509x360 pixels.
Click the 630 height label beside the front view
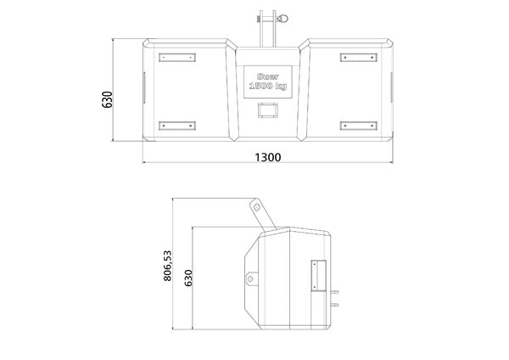[x=108, y=99]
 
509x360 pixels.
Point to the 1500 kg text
[x=266, y=87]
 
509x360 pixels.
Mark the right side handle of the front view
[x=392, y=86]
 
